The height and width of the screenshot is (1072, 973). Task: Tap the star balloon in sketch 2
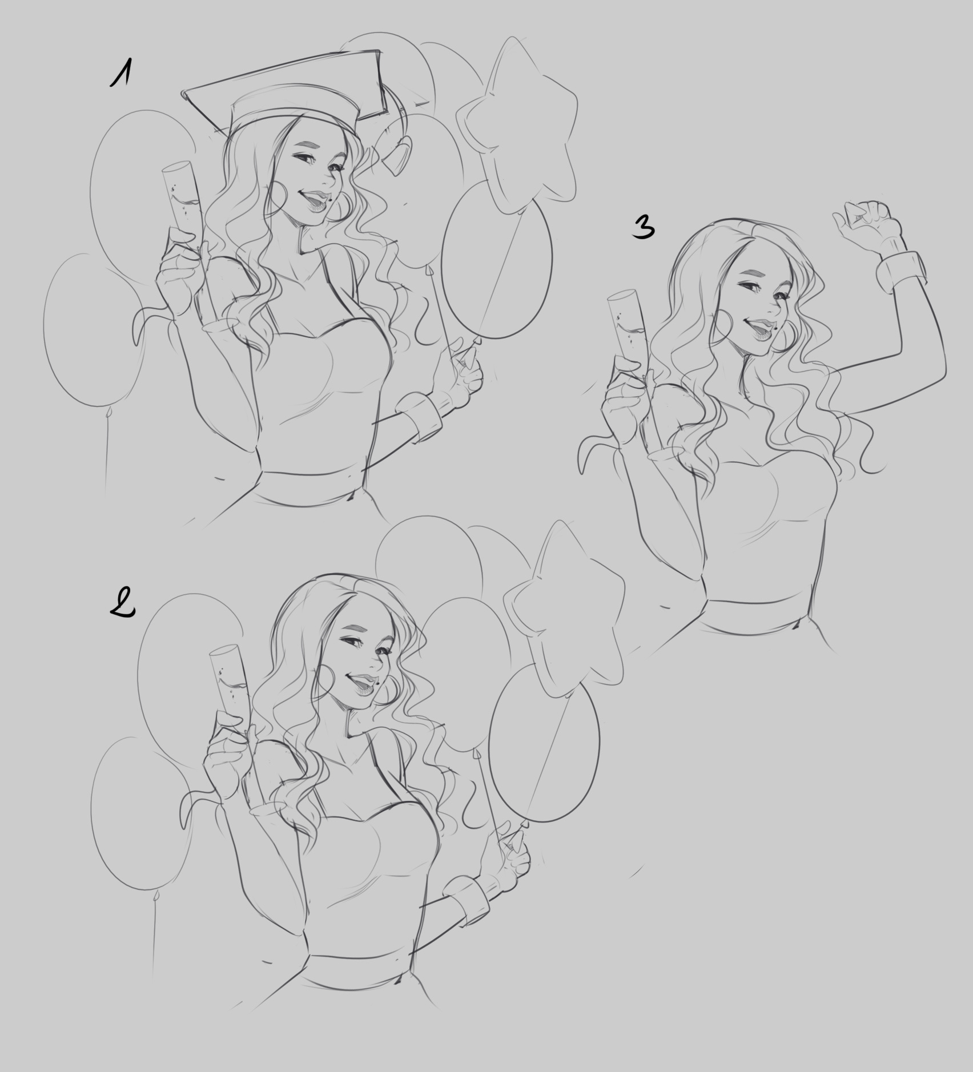pos(562,608)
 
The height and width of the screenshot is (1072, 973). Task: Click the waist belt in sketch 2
pos(360,969)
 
